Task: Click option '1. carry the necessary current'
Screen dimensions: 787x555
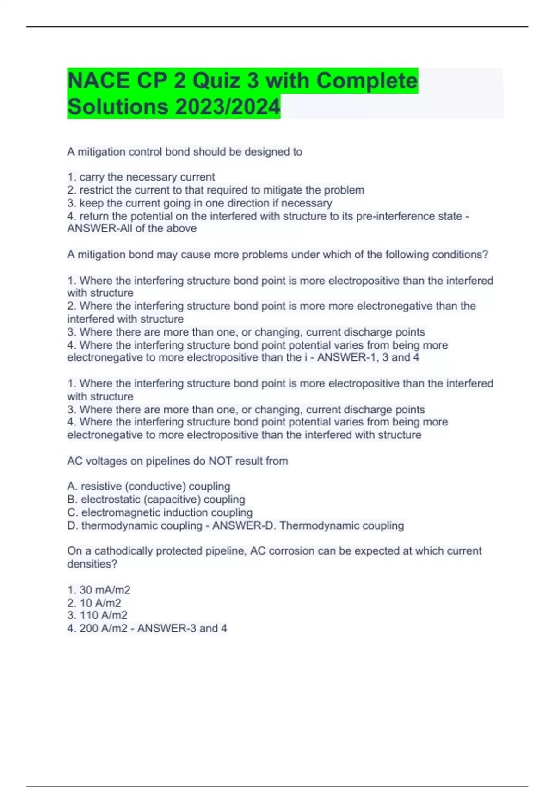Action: tap(141, 177)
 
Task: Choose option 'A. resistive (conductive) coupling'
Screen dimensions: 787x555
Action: tap(148, 487)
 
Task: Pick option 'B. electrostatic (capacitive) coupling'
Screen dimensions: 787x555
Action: tap(156, 500)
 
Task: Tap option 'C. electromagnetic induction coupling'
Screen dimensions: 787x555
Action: tap(160, 512)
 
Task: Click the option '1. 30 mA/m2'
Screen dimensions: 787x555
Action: tap(99, 590)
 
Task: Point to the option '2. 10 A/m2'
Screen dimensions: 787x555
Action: tap(94, 603)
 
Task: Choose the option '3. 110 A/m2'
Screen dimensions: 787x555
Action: tap(97, 616)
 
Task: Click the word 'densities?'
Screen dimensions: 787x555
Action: tap(92, 564)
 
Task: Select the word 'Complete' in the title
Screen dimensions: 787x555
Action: tap(367, 81)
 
